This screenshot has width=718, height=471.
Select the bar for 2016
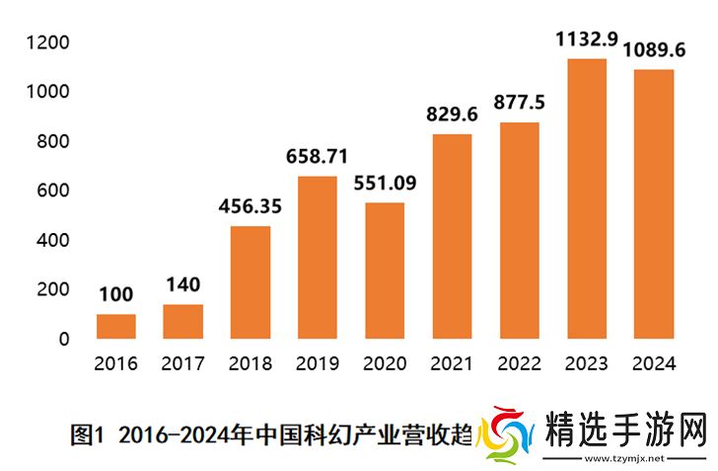116,326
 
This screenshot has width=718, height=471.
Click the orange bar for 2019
318,257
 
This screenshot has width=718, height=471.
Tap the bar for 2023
586,197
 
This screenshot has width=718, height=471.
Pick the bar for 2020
385,271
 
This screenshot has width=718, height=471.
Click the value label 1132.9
586,39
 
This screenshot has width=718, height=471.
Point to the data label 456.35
251,207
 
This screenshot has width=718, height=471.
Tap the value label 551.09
385,183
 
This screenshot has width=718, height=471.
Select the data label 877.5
519,103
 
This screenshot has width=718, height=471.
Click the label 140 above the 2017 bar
182,285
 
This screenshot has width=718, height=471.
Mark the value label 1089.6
653,49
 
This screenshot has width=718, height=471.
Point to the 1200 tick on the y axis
48,42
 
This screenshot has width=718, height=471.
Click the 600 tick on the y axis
53,191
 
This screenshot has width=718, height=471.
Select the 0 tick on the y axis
64,339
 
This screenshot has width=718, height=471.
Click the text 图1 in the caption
88,433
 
